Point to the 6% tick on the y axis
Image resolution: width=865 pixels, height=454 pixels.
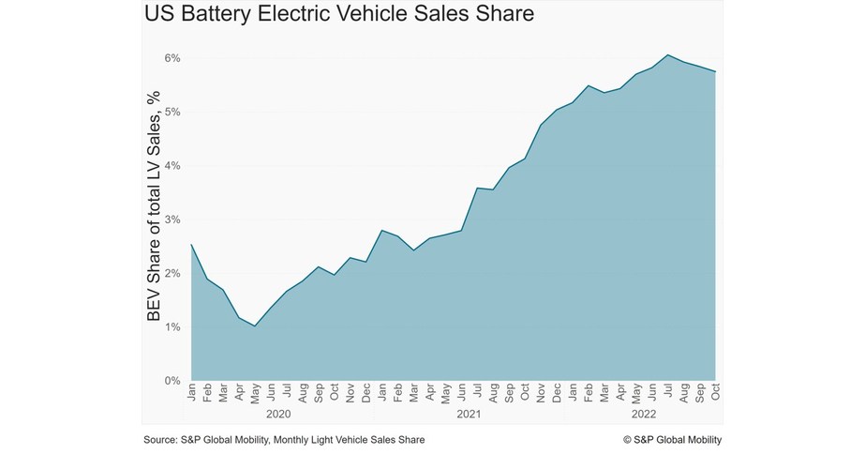tap(173, 58)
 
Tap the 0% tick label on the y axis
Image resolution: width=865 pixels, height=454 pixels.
tap(173, 381)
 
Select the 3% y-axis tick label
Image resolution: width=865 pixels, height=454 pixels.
tap(173, 219)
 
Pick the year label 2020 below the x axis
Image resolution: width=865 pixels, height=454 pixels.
tap(278, 413)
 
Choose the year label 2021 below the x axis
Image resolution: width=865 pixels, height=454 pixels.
tap(469, 413)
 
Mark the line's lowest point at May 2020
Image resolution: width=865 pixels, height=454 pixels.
tap(254, 325)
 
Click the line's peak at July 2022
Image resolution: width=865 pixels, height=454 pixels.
tap(668, 54)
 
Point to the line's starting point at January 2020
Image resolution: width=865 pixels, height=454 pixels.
tap(191, 245)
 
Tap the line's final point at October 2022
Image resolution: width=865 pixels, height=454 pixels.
tap(716, 71)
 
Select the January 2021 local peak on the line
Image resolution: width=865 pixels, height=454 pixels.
tap(381, 230)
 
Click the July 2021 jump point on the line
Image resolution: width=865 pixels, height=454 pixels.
tap(477, 188)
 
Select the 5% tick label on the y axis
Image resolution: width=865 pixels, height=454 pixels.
tap(173, 112)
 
